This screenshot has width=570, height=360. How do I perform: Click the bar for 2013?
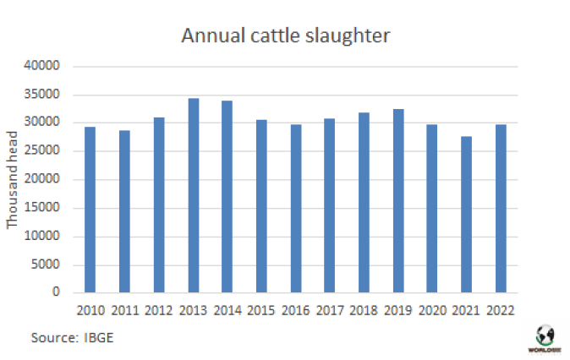pos(193,195)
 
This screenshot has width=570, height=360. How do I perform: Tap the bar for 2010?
pos(90,210)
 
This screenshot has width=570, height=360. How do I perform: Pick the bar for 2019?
pos(397,200)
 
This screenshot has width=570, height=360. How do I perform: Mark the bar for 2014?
pos(227,196)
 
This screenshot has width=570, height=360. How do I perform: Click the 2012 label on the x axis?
pos(158,310)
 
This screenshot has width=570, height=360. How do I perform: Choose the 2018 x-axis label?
pos(364,310)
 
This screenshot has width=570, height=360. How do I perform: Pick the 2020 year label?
pos(432,310)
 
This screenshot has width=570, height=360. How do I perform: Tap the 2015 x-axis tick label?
pos(261,310)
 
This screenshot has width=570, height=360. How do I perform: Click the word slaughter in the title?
pos(344,36)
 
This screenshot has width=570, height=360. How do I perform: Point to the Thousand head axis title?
pos(13,179)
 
